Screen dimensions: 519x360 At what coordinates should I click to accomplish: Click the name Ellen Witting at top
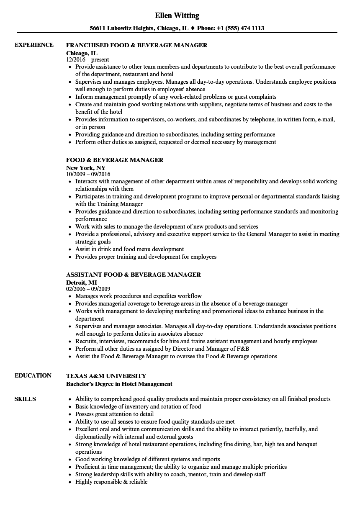(x=177, y=15)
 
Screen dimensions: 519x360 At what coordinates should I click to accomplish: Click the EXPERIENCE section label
(x=34, y=45)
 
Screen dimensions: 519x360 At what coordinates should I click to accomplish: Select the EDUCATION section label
(x=33, y=375)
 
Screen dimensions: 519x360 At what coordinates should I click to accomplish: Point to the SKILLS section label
(x=25, y=399)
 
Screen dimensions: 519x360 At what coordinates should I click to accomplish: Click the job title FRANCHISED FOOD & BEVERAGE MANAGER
(x=136, y=45)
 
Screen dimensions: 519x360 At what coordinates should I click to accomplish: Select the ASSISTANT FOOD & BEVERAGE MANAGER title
(x=133, y=275)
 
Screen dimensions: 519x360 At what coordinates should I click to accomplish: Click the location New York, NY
(x=86, y=167)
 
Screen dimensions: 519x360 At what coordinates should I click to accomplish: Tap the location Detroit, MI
(x=82, y=282)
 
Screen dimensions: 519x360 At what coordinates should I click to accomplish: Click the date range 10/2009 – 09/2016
(x=88, y=175)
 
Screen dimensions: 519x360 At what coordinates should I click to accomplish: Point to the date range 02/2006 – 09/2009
(x=88, y=289)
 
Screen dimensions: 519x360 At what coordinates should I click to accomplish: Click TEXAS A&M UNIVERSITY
(x=106, y=376)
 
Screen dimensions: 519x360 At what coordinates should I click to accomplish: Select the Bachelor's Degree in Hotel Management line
(x=119, y=383)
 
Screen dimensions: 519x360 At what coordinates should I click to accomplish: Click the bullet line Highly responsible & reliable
(x=111, y=482)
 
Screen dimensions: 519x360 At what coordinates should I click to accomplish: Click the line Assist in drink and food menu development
(x=129, y=249)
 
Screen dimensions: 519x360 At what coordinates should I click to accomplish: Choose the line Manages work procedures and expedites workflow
(x=138, y=296)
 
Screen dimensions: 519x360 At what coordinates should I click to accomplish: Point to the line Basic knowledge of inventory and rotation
(x=138, y=406)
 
